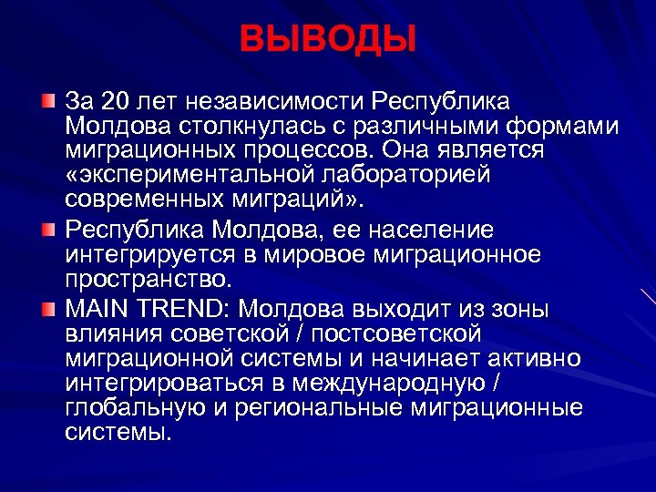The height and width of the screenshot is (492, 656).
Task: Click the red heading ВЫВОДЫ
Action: click(328, 39)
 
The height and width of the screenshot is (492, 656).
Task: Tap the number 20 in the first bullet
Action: click(118, 98)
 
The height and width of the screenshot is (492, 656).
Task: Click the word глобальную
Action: click(133, 408)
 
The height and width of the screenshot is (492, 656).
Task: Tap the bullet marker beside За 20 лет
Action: click(48, 98)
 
